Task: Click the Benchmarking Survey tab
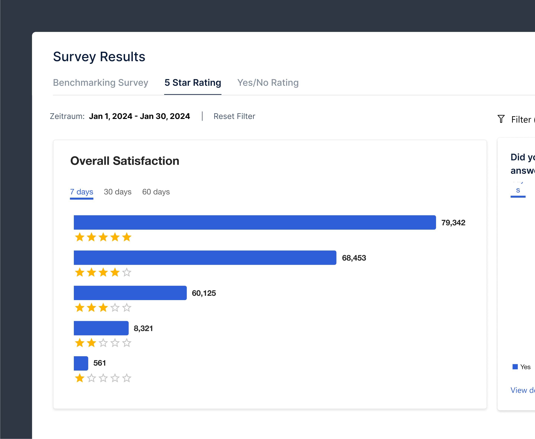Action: point(100,83)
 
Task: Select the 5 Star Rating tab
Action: point(193,83)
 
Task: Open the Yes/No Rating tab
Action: point(268,83)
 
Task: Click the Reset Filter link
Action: point(234,116)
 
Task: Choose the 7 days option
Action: point(81,192)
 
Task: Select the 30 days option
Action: point(118,192)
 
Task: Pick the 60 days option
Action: point(156,192)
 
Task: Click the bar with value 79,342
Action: point(254,223)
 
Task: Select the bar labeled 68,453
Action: point(205,258)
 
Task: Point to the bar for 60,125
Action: point(130,293)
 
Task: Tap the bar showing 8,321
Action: point(101,328)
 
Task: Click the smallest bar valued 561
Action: point(81,363)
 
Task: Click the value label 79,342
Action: point(453,223)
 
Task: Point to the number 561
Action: point(99,363)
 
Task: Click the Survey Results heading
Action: point(99,57)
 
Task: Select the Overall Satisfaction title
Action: point(125,161)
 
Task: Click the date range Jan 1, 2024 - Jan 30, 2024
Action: point(139,116)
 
